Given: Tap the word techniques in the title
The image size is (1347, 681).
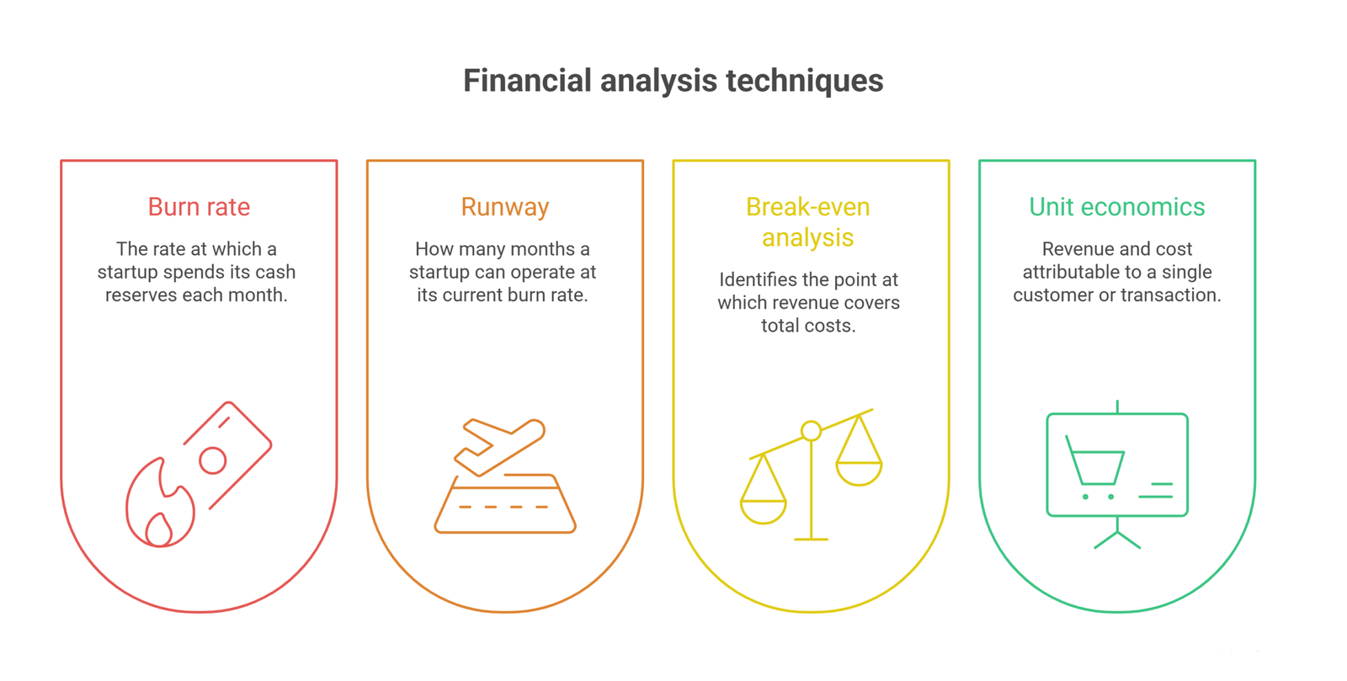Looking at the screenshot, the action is [805, 81].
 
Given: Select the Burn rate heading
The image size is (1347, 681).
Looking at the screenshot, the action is [199, 207].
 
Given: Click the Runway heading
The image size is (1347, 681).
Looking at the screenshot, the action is [505, 208].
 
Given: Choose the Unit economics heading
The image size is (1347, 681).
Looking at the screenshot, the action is [1117, 207].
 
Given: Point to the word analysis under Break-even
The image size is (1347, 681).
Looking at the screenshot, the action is [807, 238].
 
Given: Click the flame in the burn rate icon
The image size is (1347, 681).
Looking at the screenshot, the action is [160, 503].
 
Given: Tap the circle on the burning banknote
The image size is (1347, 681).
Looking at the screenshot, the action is [213, 461].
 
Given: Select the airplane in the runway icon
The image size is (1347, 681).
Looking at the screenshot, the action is [500, 447].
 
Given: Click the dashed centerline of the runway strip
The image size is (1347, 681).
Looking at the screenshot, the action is [504, 508].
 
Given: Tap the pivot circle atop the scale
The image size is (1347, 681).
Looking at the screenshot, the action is [812, 430].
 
